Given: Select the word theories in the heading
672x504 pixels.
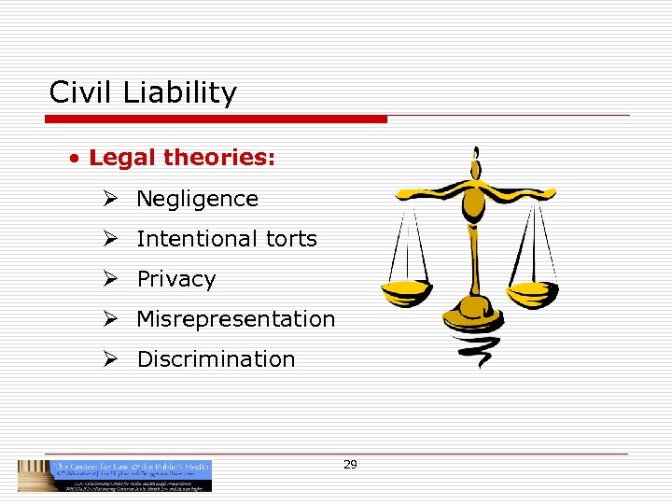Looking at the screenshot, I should point(219,158).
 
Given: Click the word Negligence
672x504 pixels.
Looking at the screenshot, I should point(197,199).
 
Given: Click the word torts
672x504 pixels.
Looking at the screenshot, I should point(290,239).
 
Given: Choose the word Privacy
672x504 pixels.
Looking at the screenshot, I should point(175,279).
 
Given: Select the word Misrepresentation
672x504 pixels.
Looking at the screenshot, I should point(235,319).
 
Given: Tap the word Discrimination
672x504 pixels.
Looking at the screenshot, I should point(216,359).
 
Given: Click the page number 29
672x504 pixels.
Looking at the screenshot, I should point(350,464).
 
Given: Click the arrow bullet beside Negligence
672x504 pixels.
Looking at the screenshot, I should point(110,199).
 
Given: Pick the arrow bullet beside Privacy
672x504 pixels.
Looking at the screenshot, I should point(110,279).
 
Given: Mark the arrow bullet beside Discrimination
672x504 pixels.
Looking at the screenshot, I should point(110,359).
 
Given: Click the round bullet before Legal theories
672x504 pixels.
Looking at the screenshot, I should point(73,159).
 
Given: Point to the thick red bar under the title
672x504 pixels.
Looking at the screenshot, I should point(217,119).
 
